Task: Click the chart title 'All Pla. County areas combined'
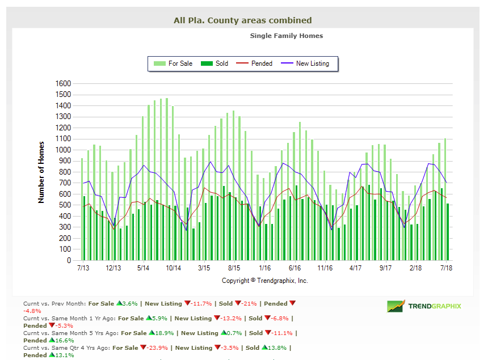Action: [x=242, y=20]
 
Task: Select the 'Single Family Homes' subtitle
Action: [x=286, y=36]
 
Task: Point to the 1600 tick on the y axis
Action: [x=63, y=84]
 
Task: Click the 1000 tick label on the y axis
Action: [x=63, y=150]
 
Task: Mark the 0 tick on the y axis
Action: [x=68, y=261]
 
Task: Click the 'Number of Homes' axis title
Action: [x=41, y=172]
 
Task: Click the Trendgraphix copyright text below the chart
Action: [x=264, y=281]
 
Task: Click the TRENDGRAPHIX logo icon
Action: [x=396, y=306]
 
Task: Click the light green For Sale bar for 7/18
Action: [x=445, y=198]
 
